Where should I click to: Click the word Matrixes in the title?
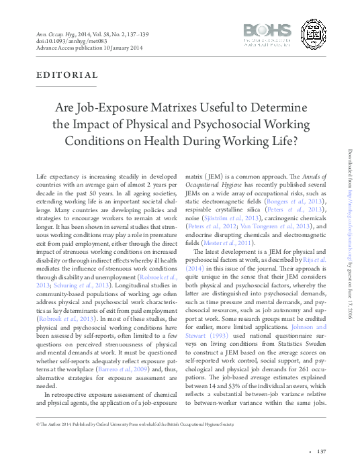coord(199,108)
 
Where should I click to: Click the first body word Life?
coord(41,175)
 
